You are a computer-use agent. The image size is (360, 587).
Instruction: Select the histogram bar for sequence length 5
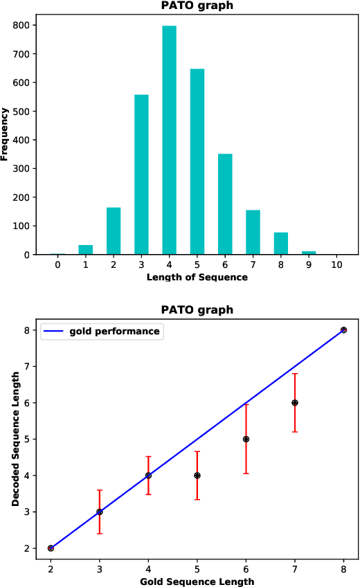pos(197,162)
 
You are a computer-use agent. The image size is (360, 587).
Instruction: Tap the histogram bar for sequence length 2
pos(114,231)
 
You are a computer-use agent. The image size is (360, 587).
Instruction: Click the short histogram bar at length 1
pos(85,250)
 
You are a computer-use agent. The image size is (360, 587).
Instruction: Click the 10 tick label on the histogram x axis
pos(336,265)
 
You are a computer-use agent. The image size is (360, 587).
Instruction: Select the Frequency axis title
pos(5,134)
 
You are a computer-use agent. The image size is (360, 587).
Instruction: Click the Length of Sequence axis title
pos(197,278)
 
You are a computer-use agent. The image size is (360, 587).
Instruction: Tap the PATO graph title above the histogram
pos(197,6)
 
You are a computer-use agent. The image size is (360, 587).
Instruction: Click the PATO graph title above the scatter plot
pos(197,309)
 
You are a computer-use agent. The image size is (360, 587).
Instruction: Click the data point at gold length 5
pos(197,476)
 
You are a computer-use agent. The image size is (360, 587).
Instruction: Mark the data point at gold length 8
pos(343,330)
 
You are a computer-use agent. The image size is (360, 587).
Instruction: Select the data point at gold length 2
pos(51,548)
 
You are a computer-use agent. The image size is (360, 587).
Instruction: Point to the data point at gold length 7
pos(295,403)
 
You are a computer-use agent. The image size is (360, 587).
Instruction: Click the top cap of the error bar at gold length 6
pos(246,404)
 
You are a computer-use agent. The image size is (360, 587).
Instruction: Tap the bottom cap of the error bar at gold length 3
pos(100,533)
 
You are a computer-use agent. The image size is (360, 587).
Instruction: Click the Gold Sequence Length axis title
pos(197,581)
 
